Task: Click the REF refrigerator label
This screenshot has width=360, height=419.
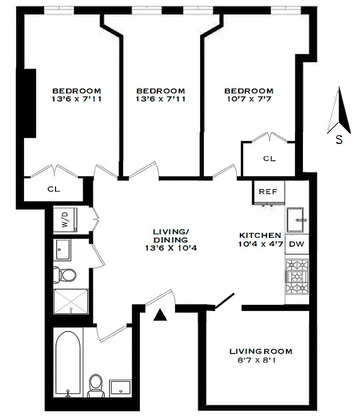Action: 268,192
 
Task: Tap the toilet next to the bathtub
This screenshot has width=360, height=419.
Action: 95,385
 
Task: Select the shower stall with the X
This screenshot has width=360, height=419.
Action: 73,301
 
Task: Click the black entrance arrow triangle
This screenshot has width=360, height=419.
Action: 161,315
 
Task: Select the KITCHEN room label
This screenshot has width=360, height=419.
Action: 260,236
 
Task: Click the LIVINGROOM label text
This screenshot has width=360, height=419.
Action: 261,351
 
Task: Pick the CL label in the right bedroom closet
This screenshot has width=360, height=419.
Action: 269,159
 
